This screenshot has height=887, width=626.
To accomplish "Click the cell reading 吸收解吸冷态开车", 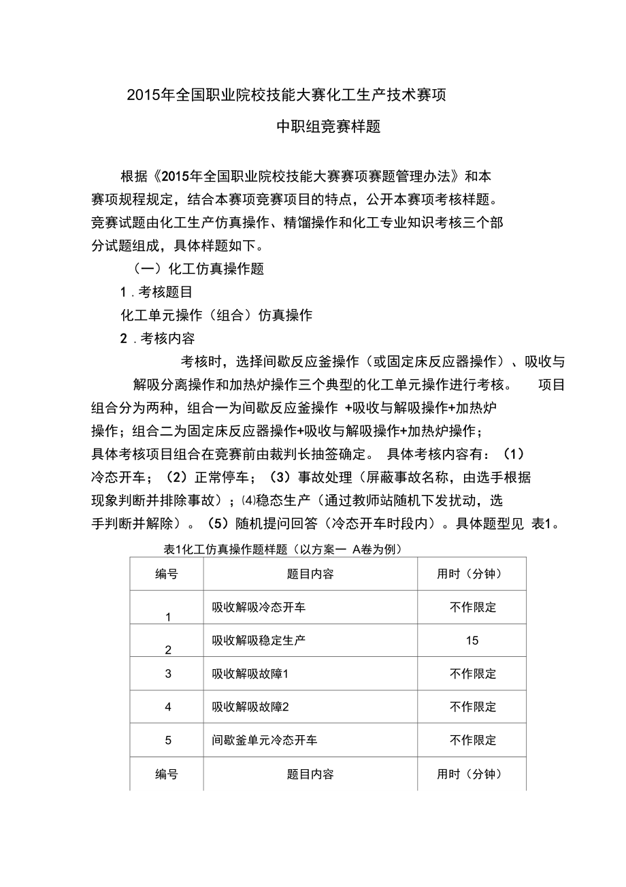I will [x=259, y=607].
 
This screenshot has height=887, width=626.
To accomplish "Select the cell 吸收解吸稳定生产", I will [x=259, y=641].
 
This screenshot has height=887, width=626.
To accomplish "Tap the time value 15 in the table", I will [x=472, y=641].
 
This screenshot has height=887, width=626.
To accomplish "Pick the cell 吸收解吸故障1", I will [x=250, y=674].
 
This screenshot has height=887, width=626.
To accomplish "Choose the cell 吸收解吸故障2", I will [x=250, y=707].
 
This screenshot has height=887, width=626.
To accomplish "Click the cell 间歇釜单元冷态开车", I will [x=264, y=740].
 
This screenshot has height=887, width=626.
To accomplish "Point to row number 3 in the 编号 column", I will [x=168, y=674].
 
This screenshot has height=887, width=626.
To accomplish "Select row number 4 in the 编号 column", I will [x=168, y=707].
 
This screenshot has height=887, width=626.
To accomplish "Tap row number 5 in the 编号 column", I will [x=168, y=740].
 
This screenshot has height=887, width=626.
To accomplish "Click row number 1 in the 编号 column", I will [x=168, y=617].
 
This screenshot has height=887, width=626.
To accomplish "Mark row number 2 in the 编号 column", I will [x=168, y=650].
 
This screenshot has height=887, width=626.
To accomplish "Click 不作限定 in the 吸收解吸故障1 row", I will [x=473, y=674].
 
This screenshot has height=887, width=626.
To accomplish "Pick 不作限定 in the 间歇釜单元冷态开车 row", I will [x=473, y=740].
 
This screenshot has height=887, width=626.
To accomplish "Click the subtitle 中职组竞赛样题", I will [x=327, y=127].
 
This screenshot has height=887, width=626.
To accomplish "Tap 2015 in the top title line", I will [x=142, y=95].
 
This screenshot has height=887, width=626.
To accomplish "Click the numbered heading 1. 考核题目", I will [x=156, y=293].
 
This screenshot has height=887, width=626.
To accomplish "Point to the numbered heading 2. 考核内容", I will [x=157, y=338].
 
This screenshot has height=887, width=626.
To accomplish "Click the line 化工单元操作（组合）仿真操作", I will [x=216, y=315].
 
